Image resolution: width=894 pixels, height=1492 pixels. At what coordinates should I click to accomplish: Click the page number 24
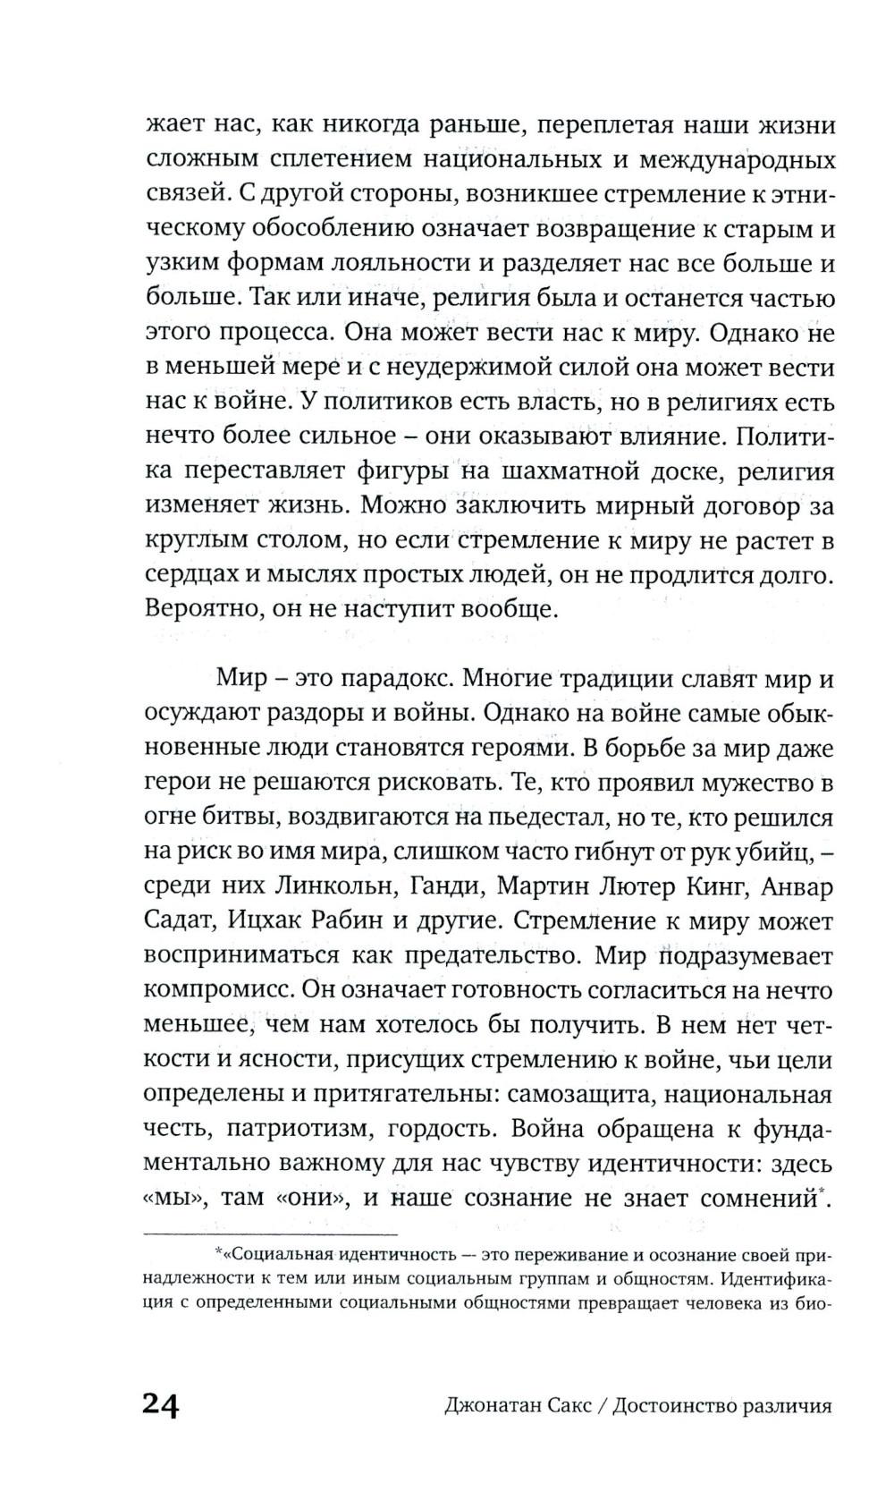pos(161,1404)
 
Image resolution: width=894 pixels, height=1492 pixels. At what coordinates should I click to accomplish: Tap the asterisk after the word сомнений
pos(822,1191)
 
